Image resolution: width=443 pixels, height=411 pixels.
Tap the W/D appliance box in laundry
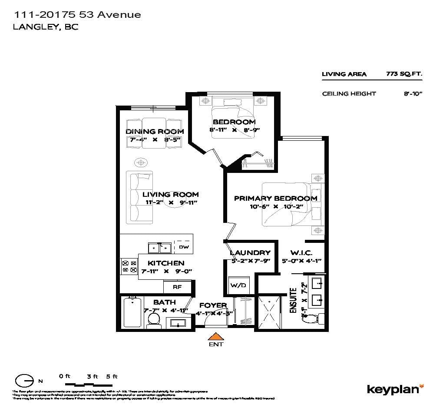(238, 285)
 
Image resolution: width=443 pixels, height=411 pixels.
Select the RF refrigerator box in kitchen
(177, 287)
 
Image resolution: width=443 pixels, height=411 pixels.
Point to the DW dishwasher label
(183, 247)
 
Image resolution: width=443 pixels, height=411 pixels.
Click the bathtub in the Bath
(131, 313)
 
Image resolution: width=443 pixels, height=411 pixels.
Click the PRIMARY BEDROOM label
(275, 198)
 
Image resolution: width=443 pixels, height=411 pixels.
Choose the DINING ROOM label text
(155, 131)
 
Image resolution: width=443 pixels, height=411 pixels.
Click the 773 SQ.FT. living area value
(403, 74)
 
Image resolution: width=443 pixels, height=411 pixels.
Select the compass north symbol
(24, 381)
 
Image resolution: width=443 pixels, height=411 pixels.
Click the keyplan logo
(395, 389)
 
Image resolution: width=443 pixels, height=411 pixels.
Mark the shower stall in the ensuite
(269, 312)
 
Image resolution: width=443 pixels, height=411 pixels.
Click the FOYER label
(212, 305)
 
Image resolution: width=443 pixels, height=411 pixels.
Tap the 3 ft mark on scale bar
(92, 377)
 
